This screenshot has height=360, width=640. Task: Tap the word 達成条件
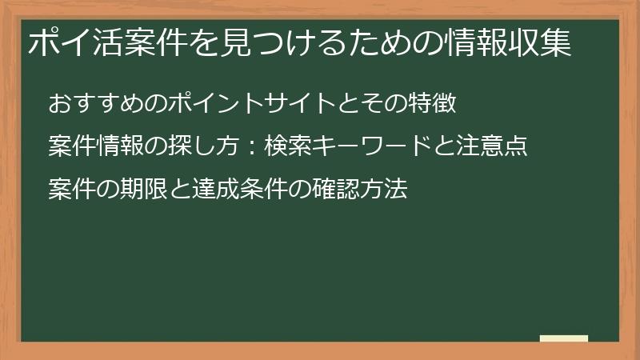pyautogui.click(x=234, y=191)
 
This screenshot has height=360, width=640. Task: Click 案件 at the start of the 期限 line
pyautogui.click(x=72, y=191)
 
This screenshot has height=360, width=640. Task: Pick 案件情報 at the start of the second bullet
pyautogui.click(x=95, y=148)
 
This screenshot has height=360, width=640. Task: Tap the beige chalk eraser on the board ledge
pyautogui.click(x=563, y=338)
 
